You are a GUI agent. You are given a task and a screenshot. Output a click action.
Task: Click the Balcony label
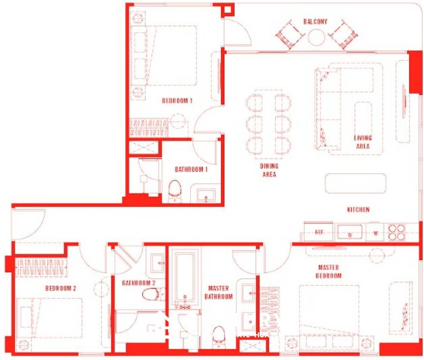coord(315,22)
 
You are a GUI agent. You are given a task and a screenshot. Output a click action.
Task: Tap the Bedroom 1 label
coord(177,101)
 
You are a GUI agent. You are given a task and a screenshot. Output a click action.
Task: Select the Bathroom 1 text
coord(191,169)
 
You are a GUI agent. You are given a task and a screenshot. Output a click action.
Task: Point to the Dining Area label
coord(269,170)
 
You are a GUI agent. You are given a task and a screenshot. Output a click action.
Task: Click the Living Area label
coord(363,142)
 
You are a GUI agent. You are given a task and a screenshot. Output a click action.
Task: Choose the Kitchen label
coord(358,210)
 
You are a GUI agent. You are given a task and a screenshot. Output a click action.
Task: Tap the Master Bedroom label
coord(329,272)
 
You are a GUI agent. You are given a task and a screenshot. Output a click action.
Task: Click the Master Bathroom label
coord(219,292)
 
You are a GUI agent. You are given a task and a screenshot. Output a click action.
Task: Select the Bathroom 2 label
coord(139,283)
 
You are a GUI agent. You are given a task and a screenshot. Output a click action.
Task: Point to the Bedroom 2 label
coord(60,289)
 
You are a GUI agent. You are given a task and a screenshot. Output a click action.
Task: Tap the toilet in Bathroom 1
coord(176,189)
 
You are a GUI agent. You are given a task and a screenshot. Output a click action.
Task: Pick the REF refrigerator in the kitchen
coord(319,232)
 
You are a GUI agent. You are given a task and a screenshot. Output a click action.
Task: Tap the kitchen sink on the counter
coord(350,232)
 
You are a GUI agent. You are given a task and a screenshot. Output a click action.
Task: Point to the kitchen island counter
coord(356,183)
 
